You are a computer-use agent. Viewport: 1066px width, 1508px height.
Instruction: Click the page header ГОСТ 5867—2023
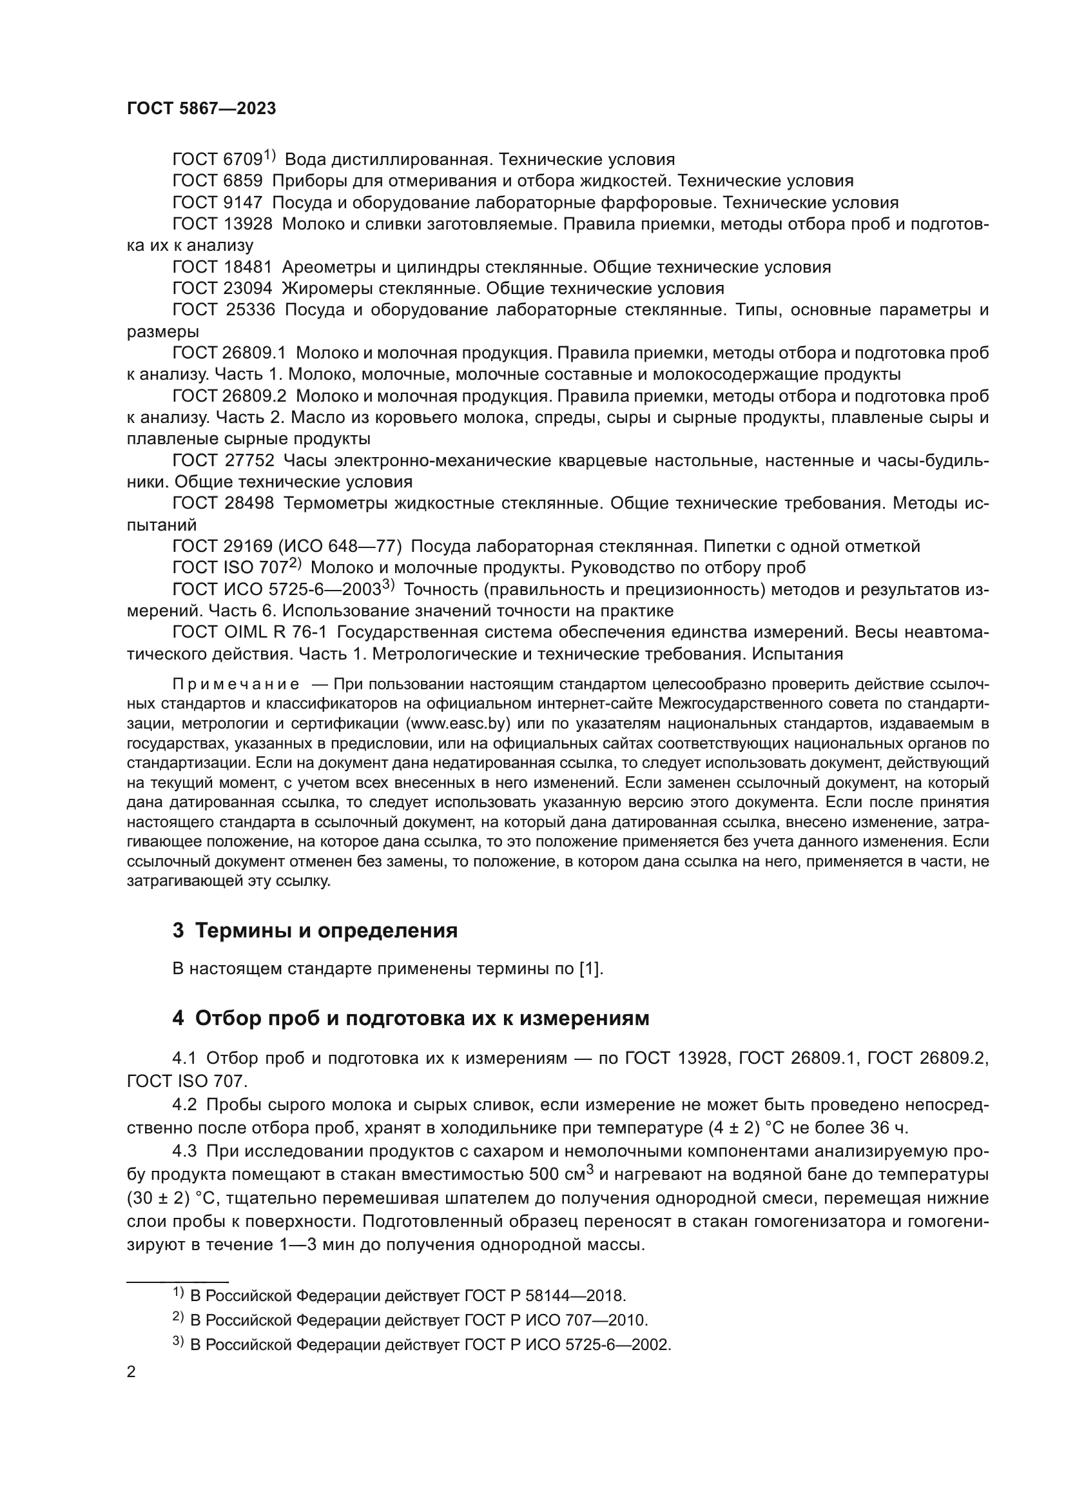(x=202, y=108)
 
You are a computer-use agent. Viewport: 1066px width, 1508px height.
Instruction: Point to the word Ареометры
(x=334, y=267)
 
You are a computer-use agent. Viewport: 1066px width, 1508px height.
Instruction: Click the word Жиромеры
(x=331, y=288)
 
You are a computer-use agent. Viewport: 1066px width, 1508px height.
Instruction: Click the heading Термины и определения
(x=326, y=931)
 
